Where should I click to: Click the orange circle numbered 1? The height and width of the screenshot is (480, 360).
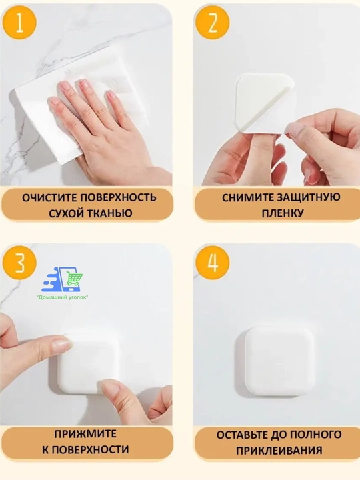click(19, 23)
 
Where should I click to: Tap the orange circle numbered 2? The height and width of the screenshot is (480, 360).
click(213, 23)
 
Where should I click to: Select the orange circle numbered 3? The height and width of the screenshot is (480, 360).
click(19, 263)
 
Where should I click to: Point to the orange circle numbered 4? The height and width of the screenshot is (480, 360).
click(213, 263)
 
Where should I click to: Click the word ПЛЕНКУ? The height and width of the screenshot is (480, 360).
click(282, 213)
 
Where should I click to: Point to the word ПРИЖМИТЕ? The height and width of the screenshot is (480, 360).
click(85, 434)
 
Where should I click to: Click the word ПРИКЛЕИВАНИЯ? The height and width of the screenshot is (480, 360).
click(279, 451)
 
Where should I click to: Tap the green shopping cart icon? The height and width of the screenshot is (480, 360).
click(75, 279)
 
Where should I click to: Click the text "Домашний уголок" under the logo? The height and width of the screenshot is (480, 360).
click(63, 297)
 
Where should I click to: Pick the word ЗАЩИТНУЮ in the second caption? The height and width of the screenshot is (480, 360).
click(309, 198)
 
